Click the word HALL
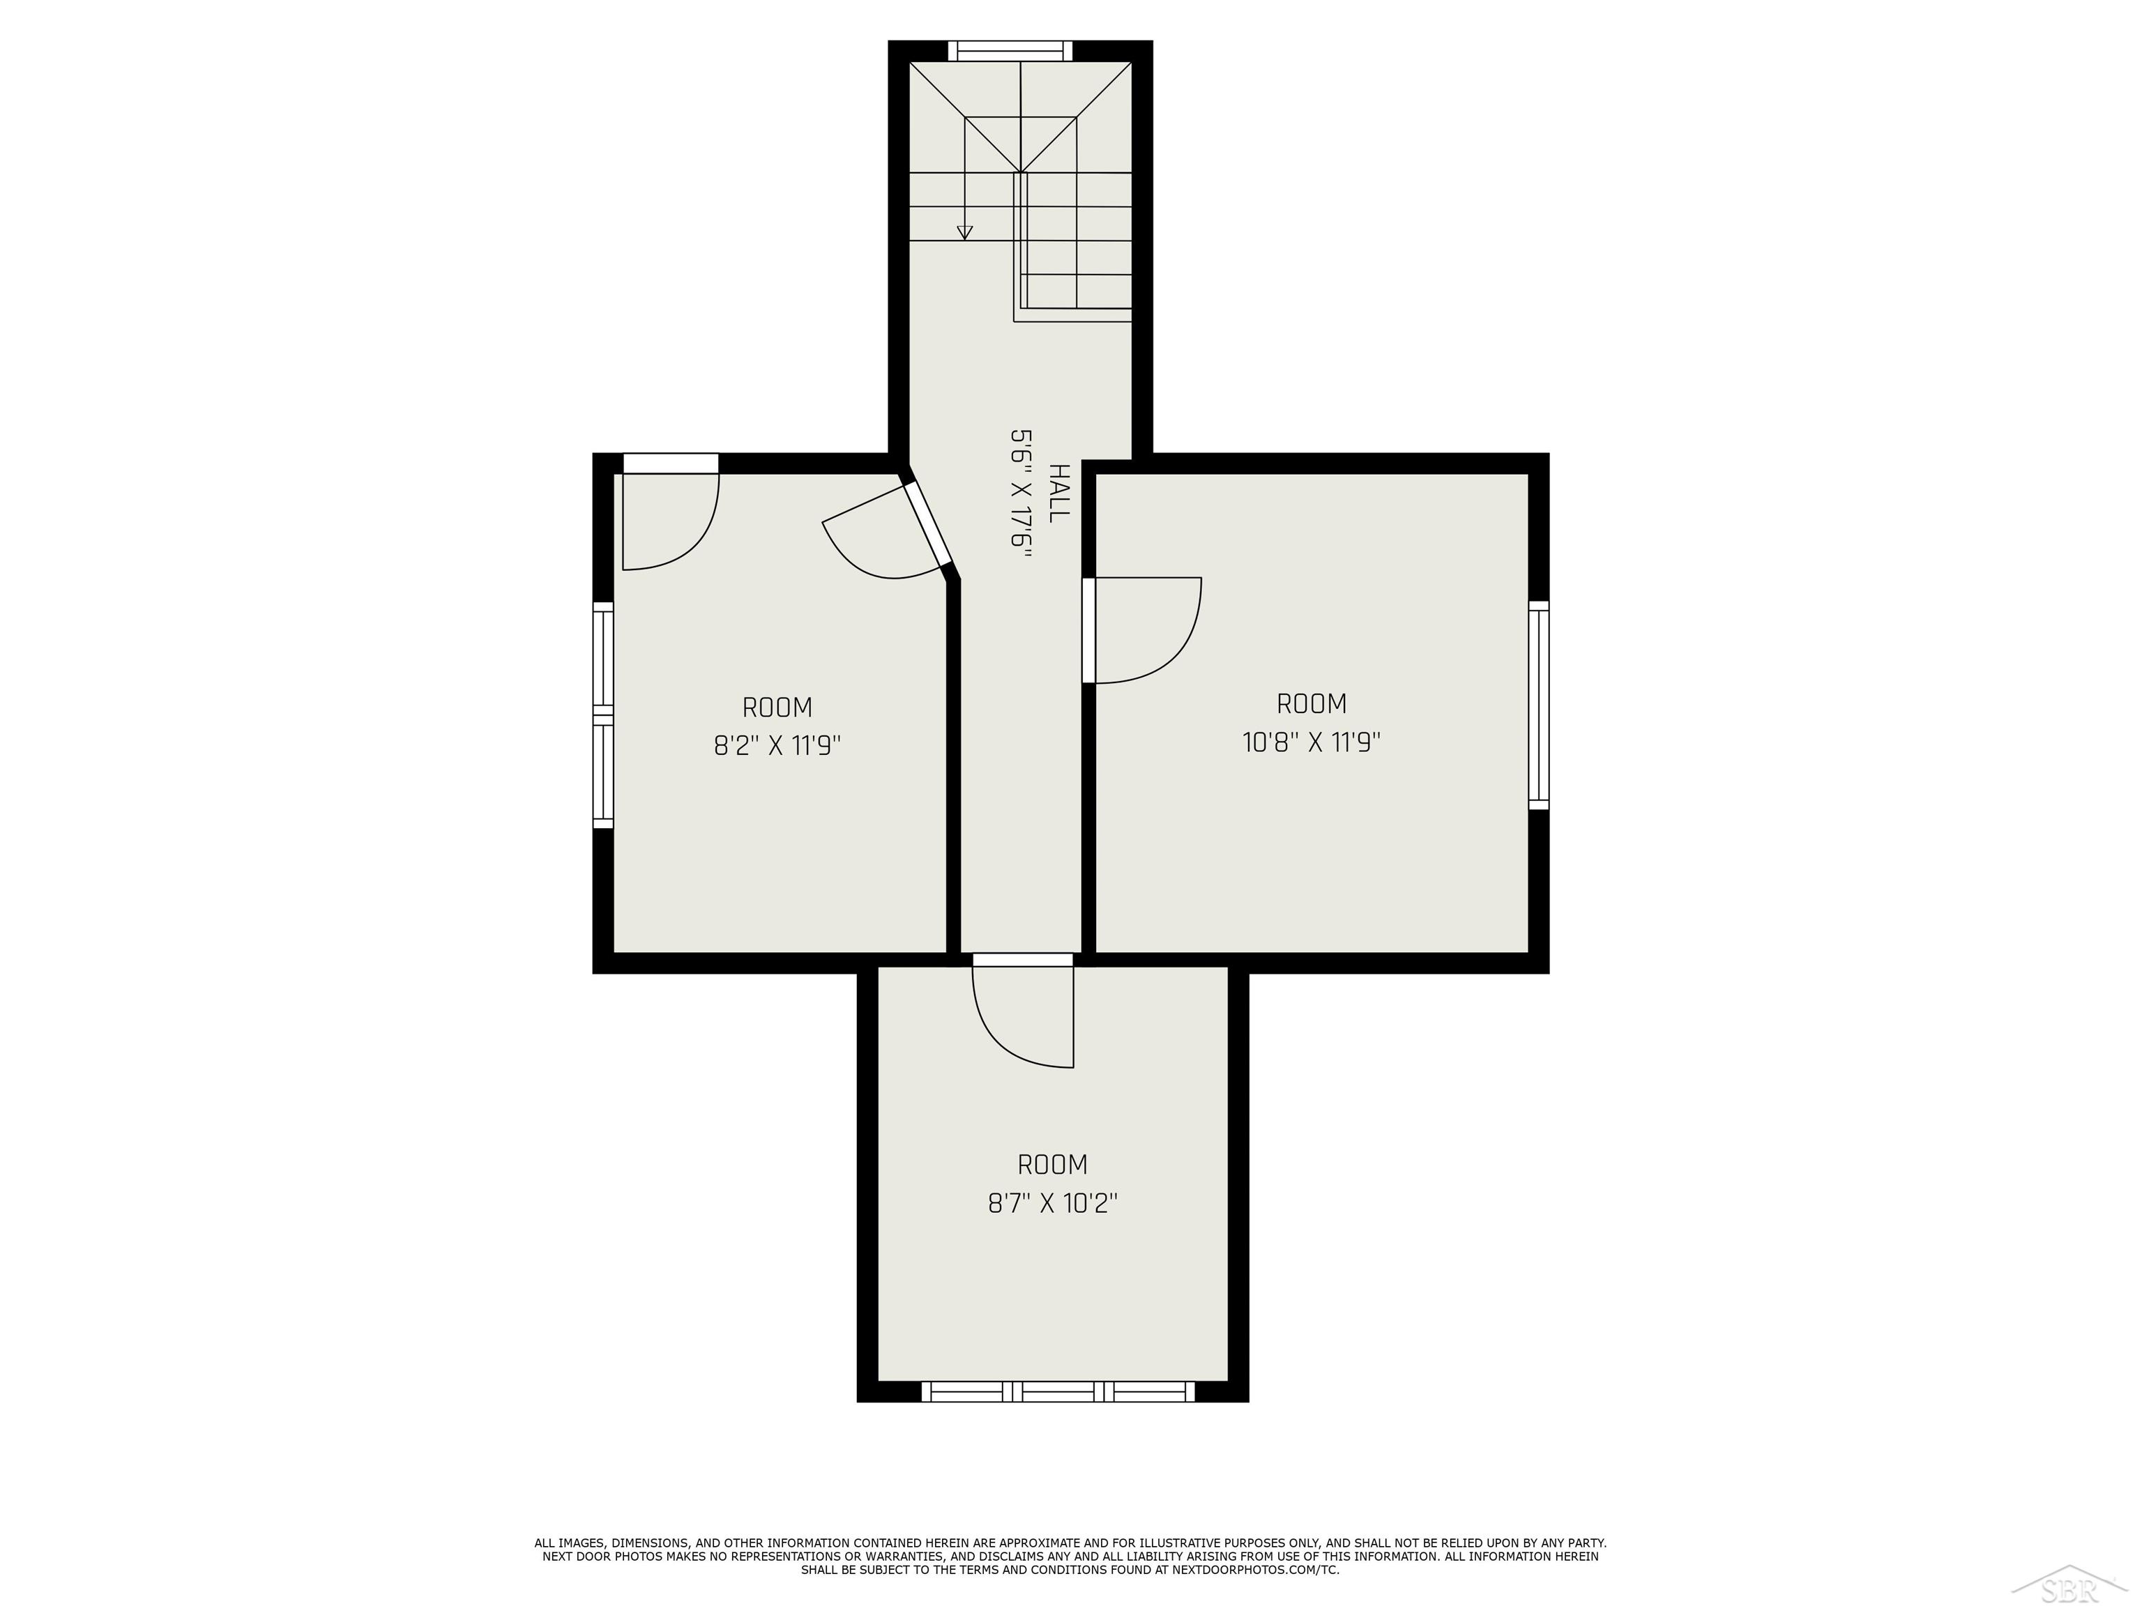coord(1059,493)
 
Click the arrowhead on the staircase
coord(964,232)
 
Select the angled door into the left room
coord(927,525)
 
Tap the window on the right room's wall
coord(1539,705)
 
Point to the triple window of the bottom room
coord(1058,1392)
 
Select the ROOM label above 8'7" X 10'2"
coord(1053,1165)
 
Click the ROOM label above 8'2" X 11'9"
coord(777,708)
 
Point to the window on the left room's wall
coord(603,714)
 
